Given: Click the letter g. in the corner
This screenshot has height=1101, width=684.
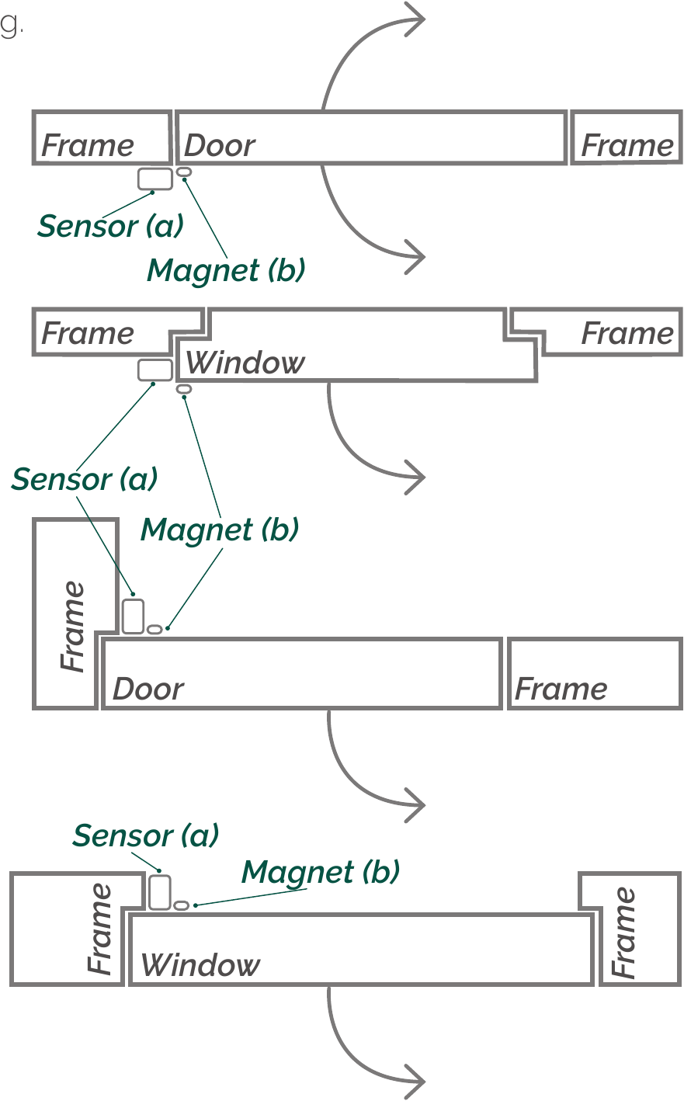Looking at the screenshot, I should [x=11, y=25].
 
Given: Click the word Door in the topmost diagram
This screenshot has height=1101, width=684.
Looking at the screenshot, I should [x=220, y=145].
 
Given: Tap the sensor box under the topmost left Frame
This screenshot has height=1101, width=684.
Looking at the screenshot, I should [x=155, y=179].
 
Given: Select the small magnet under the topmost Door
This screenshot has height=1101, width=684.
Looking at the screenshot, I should [x=184, y=171].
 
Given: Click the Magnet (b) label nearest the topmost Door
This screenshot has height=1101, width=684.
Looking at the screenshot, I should [x=226, y=270].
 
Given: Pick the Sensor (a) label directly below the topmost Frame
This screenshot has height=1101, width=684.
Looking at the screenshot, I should [x=110, y=226].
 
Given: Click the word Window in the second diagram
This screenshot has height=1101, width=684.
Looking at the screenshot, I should [x=245, y=363].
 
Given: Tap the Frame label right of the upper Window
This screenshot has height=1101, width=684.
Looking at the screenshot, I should [x=627, y=333].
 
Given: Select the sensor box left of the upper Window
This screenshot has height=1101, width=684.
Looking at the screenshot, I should [x=155, y=370].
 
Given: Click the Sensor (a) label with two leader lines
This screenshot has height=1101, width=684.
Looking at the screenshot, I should [x=84, y=479].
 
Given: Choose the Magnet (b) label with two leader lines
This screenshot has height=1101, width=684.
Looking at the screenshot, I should [x=220, y=530].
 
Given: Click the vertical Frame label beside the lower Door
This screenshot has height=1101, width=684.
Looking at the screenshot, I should [x=73, y=626].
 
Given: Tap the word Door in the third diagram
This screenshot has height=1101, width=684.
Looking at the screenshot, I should [x=148, y=689].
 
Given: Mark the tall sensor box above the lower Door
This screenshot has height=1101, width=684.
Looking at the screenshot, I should [x=134, y=616].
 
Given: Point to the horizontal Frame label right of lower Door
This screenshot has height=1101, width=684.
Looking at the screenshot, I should [x=561, y=689].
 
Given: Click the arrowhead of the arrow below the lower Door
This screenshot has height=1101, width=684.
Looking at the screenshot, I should [x=416, y=806].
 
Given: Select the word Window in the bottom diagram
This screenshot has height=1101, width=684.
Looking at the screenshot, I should [x=200, y=965].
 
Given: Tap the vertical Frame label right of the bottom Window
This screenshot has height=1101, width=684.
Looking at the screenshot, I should [x=623, y=933].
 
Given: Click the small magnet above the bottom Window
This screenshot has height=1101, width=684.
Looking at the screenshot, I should [x=181, y=905].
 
